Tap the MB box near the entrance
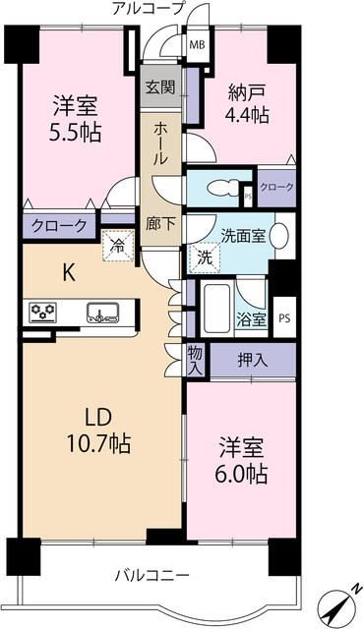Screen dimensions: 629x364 197,44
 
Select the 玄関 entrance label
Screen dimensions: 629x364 160,87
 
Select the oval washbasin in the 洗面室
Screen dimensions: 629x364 280,238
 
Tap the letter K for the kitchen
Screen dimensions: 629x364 70,272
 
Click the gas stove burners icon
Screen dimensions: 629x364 43,313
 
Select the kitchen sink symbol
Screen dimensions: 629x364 101,313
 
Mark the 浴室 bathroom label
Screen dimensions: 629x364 250,318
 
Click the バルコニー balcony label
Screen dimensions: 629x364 151,575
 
